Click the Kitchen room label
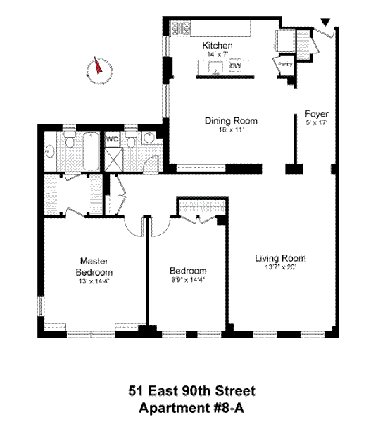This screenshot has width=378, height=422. [x=217, y=46]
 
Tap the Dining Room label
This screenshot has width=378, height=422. [x=231, y=120]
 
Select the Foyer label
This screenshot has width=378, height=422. [x=317, y=114]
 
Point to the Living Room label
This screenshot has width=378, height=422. [x=280, y=258]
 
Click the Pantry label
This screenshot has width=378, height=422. [x=285, y=64]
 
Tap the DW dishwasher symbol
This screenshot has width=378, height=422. [x=236, y=65]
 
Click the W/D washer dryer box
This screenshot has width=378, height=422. [x=112, y=139]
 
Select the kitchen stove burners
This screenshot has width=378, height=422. [x=181, y=28]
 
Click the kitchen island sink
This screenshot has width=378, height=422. [x=215, y=68]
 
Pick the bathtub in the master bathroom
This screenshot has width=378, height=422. [x=91, y=151]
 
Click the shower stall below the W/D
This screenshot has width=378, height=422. [x=114, y=160]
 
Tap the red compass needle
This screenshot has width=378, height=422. [x=98, y=65]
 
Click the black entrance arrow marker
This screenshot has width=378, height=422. [x=325, y=23]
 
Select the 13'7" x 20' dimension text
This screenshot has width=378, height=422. [x=280, y=267]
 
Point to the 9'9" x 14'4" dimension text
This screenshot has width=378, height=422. [x=189, y=280]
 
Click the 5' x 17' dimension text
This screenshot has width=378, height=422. [x=316, y=122]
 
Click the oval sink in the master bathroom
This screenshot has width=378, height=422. [x=50, y=151]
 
